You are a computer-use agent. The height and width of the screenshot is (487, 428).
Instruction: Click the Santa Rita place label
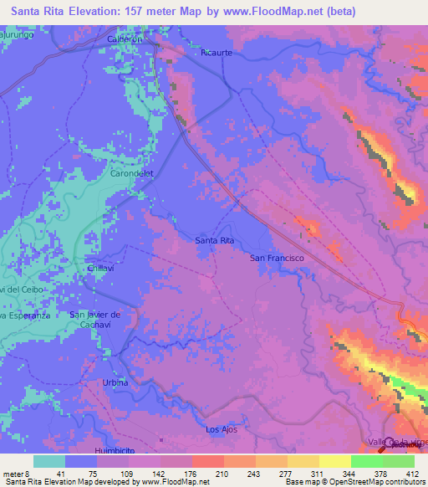[214, 240]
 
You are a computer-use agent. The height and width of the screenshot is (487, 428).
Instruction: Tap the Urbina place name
[115, 382]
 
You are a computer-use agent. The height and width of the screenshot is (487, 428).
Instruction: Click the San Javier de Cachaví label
[96, 319]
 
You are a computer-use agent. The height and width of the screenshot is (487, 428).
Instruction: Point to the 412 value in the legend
[411, 474]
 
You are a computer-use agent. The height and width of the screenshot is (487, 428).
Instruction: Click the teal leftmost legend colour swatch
[49, 461]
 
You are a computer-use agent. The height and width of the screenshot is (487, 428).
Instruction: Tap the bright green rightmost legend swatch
[399, 461]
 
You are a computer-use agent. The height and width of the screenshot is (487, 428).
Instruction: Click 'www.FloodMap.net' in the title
[279, 12]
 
